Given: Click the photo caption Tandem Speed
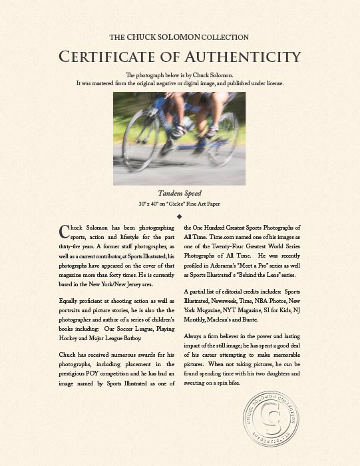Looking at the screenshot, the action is (180, 193).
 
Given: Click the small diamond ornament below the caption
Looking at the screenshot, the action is (180, 216).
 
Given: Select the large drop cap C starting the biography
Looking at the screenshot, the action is (64, 230).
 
